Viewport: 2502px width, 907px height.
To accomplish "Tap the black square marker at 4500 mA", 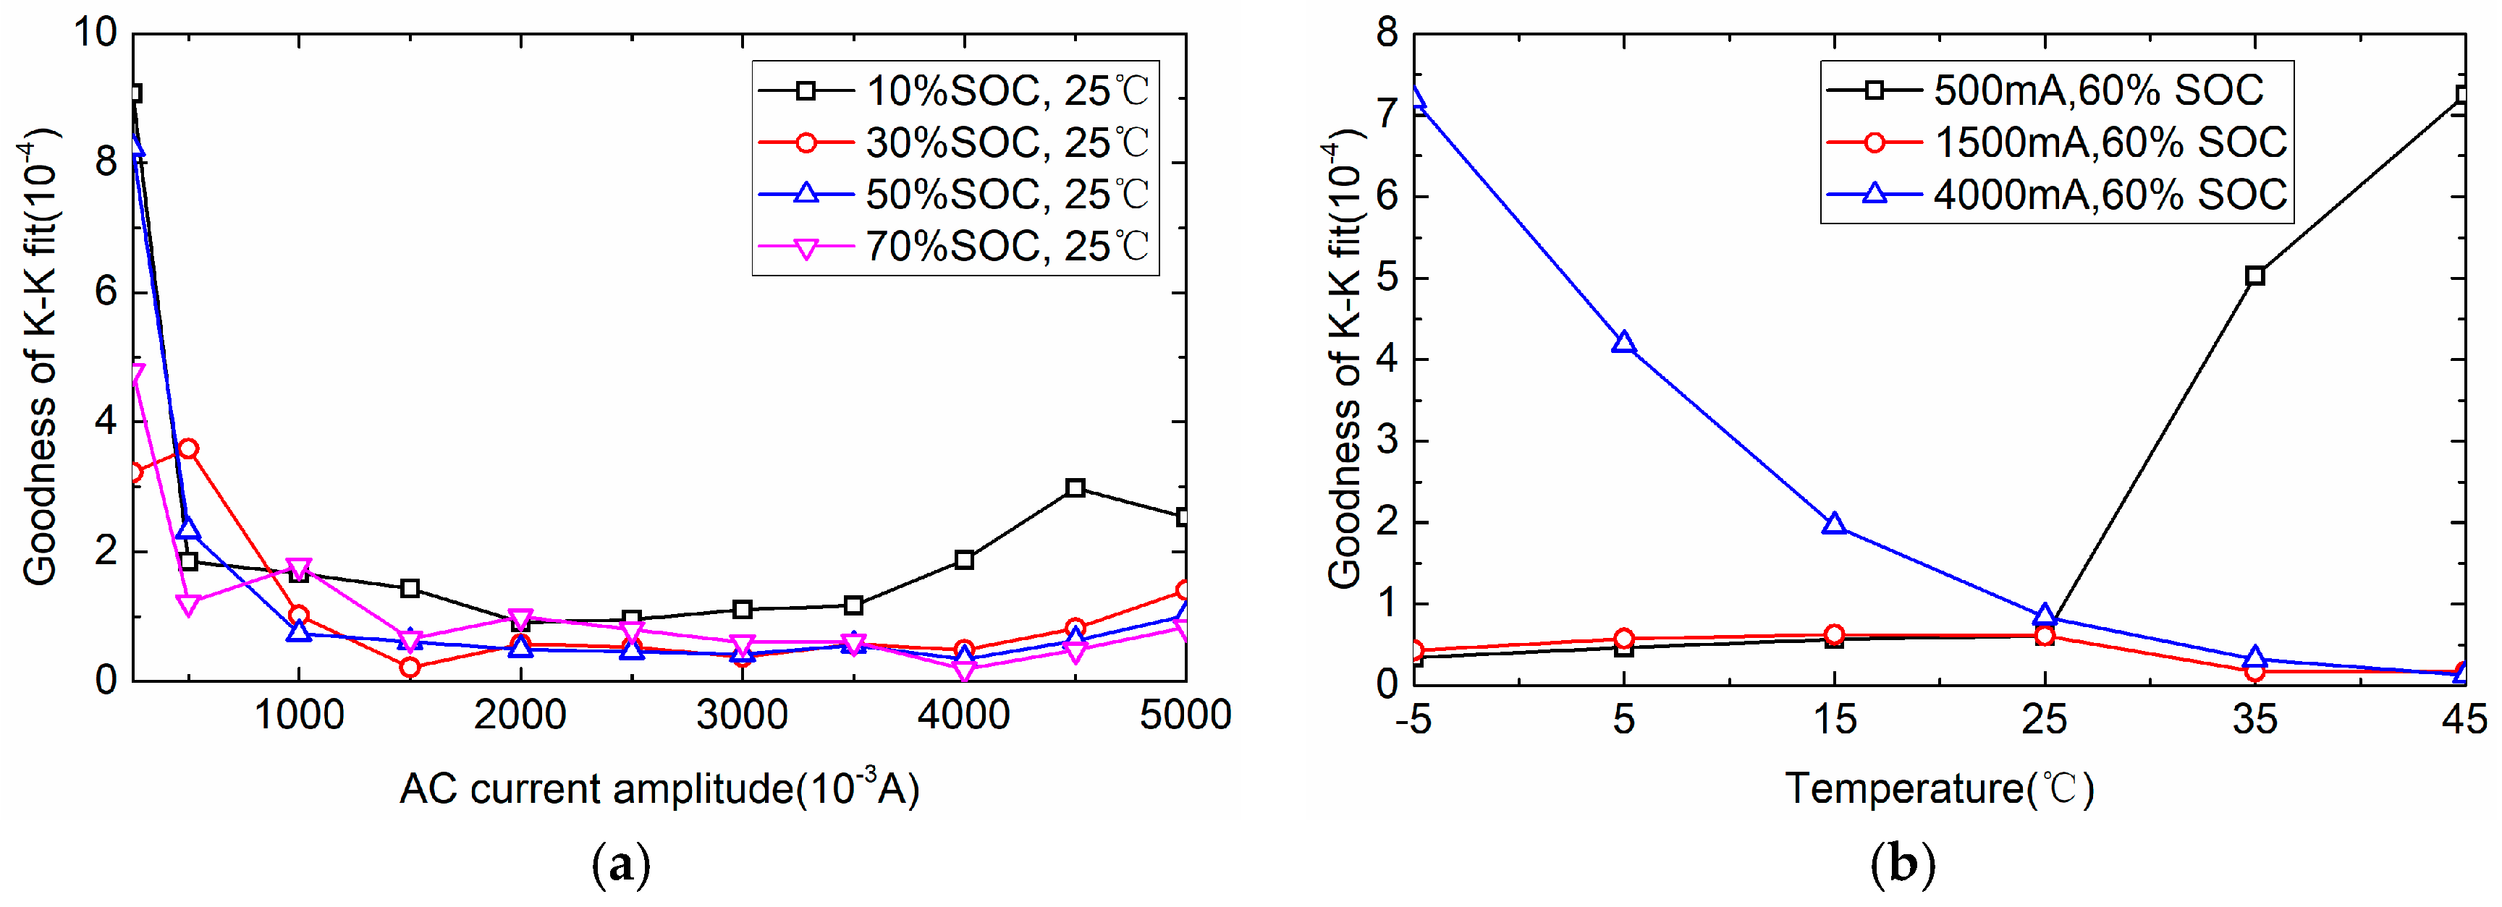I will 1074,488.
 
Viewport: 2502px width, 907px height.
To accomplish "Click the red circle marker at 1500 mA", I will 410,667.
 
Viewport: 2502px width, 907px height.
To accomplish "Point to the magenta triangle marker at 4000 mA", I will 965,668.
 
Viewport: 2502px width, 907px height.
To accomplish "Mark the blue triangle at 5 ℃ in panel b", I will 1623,343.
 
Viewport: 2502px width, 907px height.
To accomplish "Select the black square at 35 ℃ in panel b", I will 2255,276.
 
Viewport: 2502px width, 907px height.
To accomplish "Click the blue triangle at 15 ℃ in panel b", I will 1834,524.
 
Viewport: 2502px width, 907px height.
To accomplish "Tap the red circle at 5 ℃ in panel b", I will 1623,639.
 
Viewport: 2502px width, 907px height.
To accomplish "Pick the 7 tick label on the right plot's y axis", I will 1386,114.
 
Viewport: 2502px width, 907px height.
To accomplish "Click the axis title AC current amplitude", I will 659,788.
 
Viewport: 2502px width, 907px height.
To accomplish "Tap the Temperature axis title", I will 1939,788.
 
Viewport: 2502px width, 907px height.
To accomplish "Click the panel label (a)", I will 621,864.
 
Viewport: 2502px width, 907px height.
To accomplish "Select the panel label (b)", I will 1903,864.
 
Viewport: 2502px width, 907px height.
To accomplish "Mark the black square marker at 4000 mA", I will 965,561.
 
